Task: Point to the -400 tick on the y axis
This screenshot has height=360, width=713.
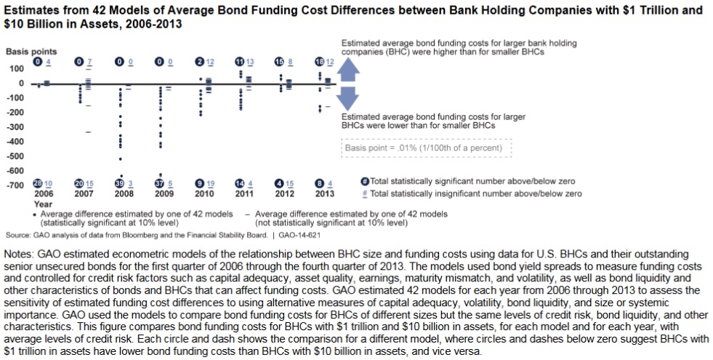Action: [16, 141]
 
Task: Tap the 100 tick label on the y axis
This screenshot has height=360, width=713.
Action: [16, 68]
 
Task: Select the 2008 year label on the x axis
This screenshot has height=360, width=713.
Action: [125, 194]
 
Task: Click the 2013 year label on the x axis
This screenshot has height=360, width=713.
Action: [325, 194]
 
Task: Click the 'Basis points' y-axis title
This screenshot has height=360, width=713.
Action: [31, 52]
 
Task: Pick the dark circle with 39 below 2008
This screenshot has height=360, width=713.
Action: [119, 183]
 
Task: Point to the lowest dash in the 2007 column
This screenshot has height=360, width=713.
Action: [88, 132]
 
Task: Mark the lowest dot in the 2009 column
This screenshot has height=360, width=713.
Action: [161, 175]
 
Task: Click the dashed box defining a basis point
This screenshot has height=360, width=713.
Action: [427, 148]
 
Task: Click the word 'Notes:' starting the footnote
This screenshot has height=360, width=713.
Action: [20, 254]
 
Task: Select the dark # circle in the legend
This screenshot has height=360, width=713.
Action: [365, 181]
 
